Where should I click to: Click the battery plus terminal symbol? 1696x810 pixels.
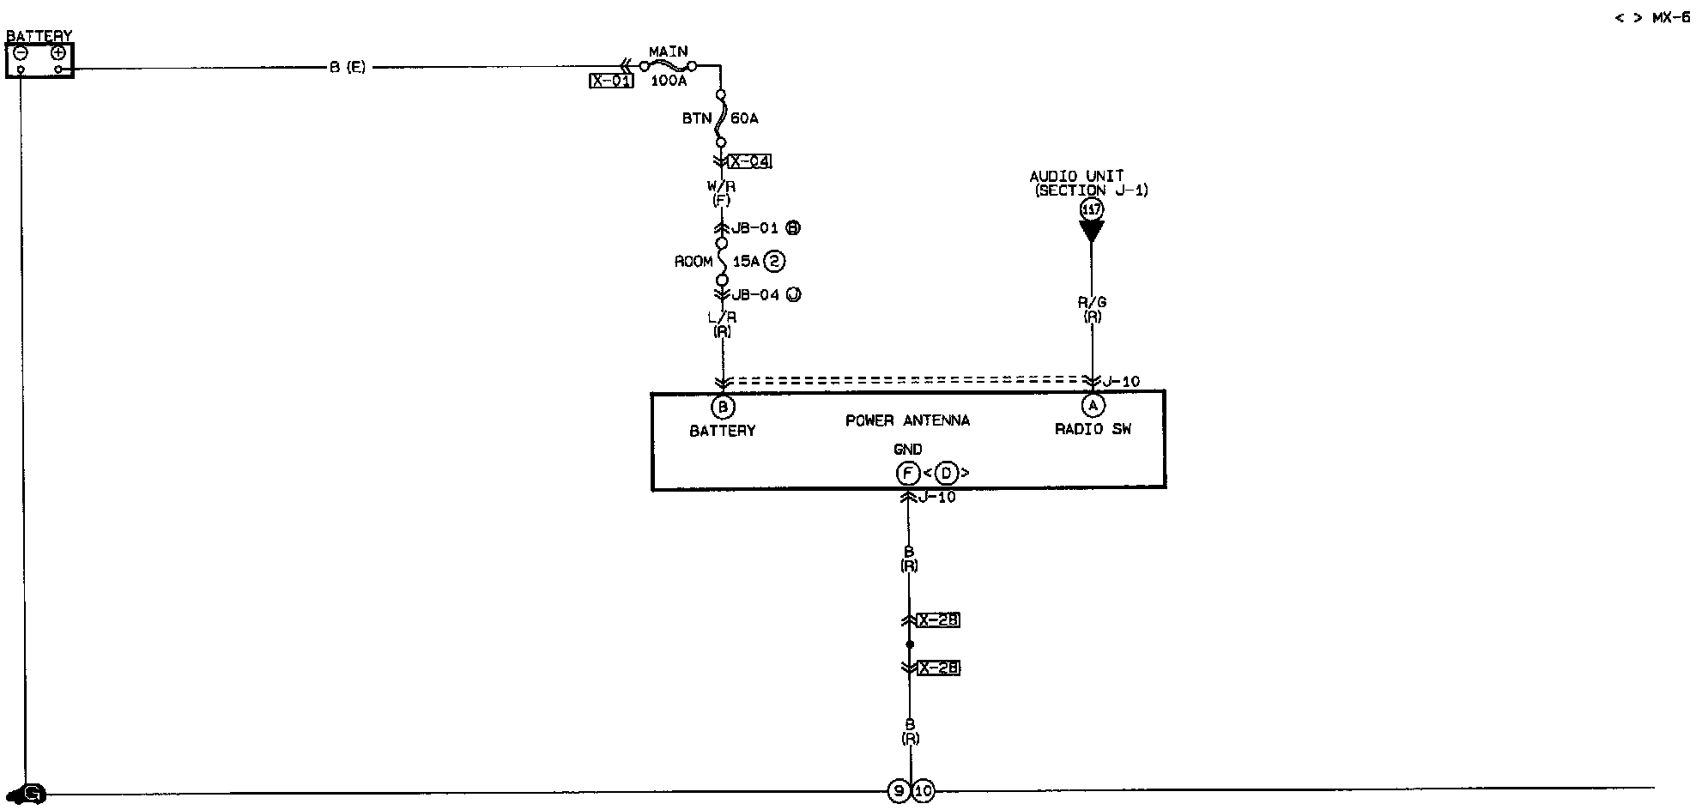click(58, 52)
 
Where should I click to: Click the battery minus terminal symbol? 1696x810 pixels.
click(21, 52)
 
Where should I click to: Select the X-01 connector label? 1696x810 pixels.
click(611, 81)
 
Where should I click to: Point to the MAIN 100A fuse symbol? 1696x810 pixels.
click(668, 65)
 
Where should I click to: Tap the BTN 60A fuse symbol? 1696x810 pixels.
click(721, 118)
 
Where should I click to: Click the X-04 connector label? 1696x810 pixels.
click(750, 161)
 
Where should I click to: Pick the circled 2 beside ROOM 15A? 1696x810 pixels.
click(774, 261)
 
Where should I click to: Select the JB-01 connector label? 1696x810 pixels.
click(754, 228)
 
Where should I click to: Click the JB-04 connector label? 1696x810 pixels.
click(755, 294)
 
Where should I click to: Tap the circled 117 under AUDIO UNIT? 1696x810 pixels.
click(1092, 209)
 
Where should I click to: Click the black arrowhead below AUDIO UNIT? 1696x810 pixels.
click(1092, 231)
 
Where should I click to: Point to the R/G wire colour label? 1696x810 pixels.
click(1092, 302)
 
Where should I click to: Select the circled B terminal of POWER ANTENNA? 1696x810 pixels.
click(723, 407)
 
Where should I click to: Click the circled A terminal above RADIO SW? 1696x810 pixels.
click(1093, 405)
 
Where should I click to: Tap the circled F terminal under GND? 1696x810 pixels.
click(907, 473)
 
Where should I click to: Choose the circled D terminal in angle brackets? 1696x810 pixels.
click(947, 473)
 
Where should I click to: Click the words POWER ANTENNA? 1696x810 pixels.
click(907, 420)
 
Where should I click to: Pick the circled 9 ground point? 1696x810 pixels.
click(898, 791)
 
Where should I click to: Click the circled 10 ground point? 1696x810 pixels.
click(923, 791)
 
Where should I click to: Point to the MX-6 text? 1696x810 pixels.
click(1671, 17)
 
